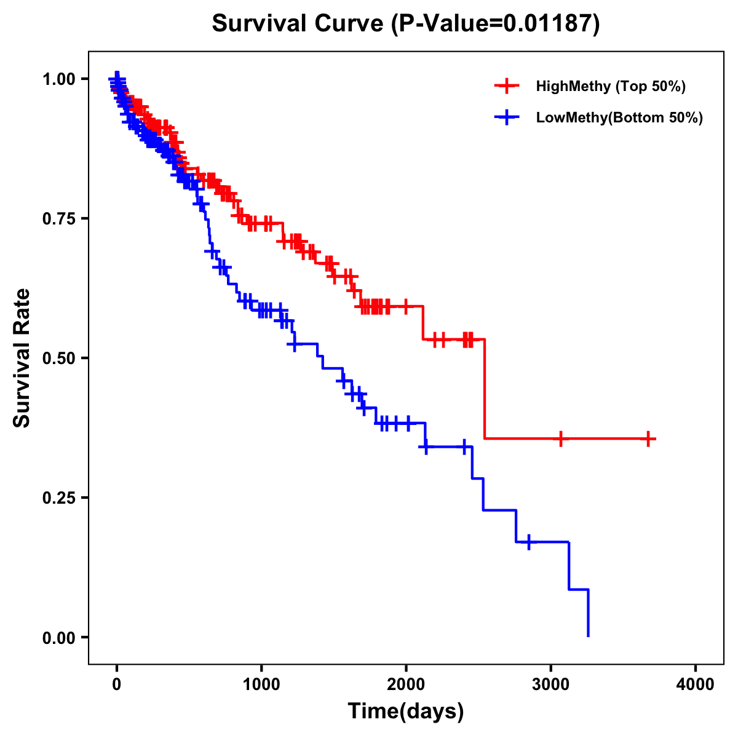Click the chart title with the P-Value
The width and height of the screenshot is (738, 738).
tap(406, 23)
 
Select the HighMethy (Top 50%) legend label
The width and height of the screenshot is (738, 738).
tap(610, 86)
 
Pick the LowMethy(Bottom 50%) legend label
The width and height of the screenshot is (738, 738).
tap(619, 117)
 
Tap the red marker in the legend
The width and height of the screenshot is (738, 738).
tap(507, 86)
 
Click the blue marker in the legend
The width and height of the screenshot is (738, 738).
tap(507, 117)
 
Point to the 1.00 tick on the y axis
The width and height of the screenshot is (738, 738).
tap(58, 79)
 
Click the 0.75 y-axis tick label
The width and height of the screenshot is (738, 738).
tap(58, 219)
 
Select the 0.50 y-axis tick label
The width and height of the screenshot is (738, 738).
tap(58, 359)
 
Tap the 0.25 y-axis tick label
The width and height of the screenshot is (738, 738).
tap(58, 498)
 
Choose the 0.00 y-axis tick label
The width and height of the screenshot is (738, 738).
tap(58, 638)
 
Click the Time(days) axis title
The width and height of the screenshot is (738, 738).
tap(406, 712)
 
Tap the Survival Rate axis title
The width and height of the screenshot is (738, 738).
tap(22, 358)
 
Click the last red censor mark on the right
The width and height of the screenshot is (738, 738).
tap(648, 438)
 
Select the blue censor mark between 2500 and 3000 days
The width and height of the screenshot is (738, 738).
tap(528, 542)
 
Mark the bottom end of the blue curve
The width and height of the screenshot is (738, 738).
tap(589, 635)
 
